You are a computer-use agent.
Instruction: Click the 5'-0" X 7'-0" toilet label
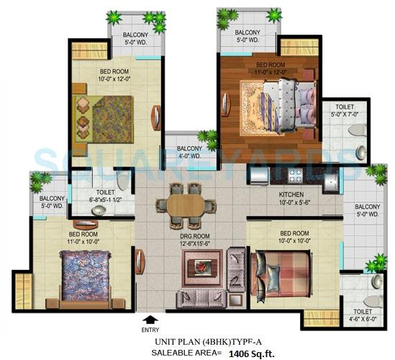coord(342,113)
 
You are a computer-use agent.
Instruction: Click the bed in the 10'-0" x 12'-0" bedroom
coord(101,116)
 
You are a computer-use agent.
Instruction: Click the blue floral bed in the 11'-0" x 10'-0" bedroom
coord(81,274)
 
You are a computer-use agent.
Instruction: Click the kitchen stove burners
coord(295,175)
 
